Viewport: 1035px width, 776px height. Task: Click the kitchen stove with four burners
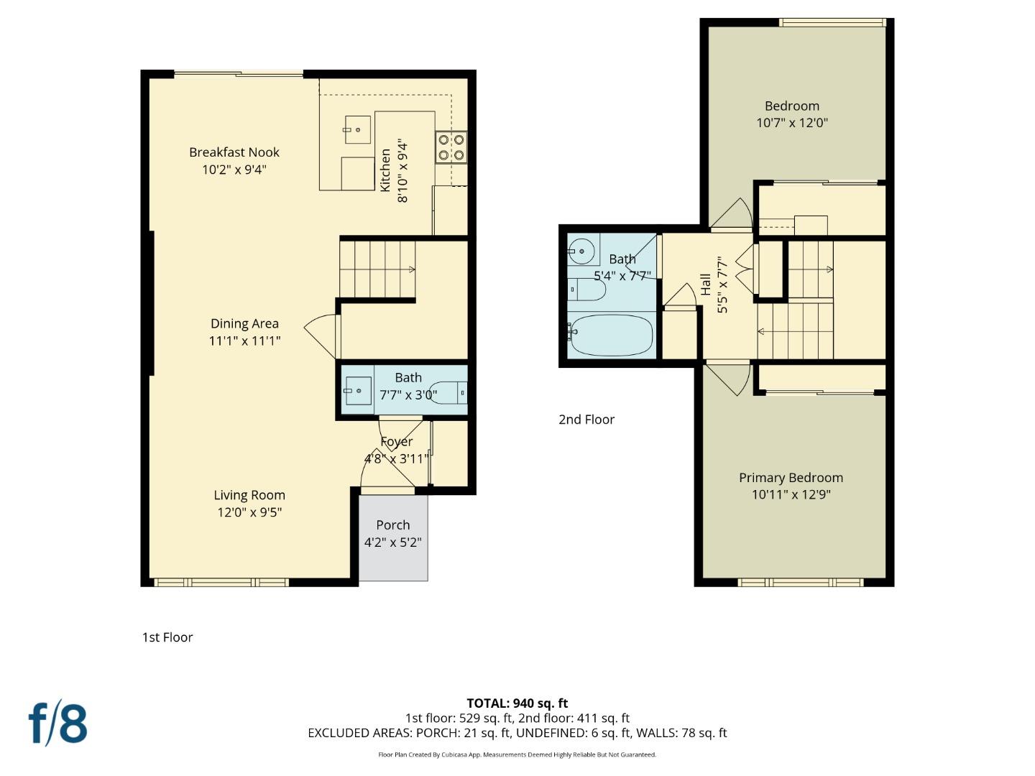(x=451, y=147)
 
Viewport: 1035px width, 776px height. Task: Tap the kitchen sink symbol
(x=357, y=130)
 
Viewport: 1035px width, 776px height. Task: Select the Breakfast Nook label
(x=234, y=152)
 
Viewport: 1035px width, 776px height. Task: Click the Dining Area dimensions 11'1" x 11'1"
(x=244, y=341)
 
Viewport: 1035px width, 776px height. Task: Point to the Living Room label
(x=249, y=495)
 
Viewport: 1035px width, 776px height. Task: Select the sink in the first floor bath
(x=357, y=392)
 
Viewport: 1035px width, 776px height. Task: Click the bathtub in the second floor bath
(x=611, y=335)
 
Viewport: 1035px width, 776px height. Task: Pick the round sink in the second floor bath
(x=582, y=251)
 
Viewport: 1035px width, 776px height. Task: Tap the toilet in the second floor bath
(x=589, y=290)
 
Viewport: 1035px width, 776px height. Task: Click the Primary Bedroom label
(x=791, y=478)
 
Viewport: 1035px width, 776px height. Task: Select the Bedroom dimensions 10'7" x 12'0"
(x=791, y=123)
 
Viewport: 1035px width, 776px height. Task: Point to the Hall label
(x=706, y=285)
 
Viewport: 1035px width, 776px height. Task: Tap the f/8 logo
(x=58, y=724)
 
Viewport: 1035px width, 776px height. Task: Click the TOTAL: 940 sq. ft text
(x=517, y=703)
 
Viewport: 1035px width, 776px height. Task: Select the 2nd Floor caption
(x=586, y=420)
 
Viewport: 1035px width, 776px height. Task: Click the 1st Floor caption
(x=167, y=637)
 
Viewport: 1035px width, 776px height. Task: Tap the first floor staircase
(x=377, y=269)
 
